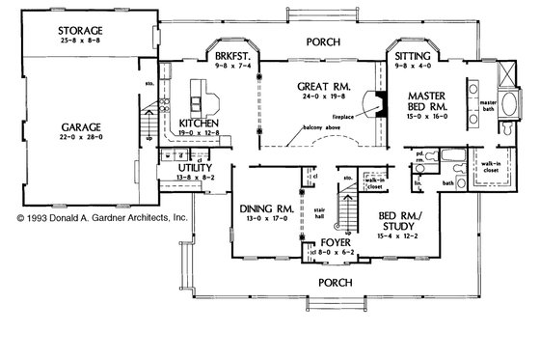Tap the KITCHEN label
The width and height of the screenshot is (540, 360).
pos(202,125)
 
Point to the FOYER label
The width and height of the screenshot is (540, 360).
pos(333,244)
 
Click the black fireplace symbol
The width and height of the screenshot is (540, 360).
pos(382,103)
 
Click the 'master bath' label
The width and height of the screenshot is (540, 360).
pos(490,105)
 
